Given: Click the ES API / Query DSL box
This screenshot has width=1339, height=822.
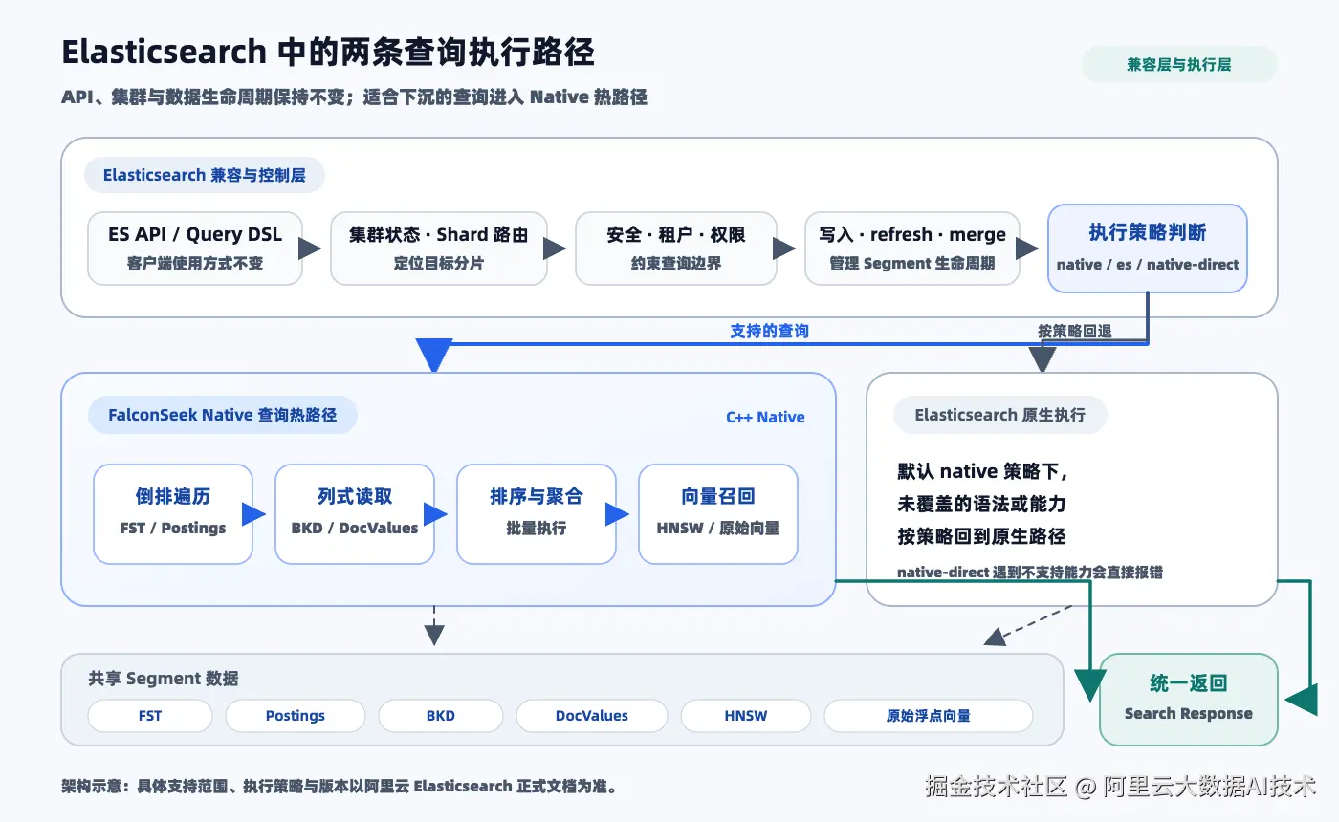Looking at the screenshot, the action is pos(195,249).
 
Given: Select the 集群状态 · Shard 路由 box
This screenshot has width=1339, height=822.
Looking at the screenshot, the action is pos(439,249).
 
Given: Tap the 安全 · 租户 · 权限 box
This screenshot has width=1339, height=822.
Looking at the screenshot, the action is pos(676,249).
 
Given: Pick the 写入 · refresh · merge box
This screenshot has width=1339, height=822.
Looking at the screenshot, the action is pos(912,249).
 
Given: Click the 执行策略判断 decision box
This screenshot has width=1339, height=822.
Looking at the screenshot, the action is pos(1148,249).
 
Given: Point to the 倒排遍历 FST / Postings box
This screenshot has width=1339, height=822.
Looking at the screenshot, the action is pos(173,514).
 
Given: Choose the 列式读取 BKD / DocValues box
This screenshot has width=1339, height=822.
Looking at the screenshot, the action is pos(355,514).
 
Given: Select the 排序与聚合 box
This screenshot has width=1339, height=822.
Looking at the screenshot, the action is pos(537,514).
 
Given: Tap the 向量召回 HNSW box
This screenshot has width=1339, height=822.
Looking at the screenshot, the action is pos(718,514).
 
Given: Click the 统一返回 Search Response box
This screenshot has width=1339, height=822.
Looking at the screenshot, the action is pos(1188,699).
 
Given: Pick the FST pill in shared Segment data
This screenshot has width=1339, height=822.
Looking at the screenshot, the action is pos(150,716).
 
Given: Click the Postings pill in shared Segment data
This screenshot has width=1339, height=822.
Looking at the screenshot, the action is pos(296,716).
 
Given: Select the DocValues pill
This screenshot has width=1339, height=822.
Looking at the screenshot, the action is pos(592,716).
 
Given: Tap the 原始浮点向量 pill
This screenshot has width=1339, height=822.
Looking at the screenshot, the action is pos(929,716).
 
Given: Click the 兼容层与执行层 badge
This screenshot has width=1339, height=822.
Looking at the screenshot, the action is pos(1179,65).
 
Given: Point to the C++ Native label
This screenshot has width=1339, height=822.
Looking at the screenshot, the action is pos(765,417).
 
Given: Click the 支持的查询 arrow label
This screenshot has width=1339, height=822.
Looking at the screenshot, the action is pos(769,331).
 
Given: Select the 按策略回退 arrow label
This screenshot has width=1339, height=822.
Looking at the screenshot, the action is pos(1075,331).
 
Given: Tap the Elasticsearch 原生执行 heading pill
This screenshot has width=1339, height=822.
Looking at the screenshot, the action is pos(1000,415).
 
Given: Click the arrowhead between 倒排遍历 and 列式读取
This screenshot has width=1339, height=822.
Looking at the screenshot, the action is pos(253,514).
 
